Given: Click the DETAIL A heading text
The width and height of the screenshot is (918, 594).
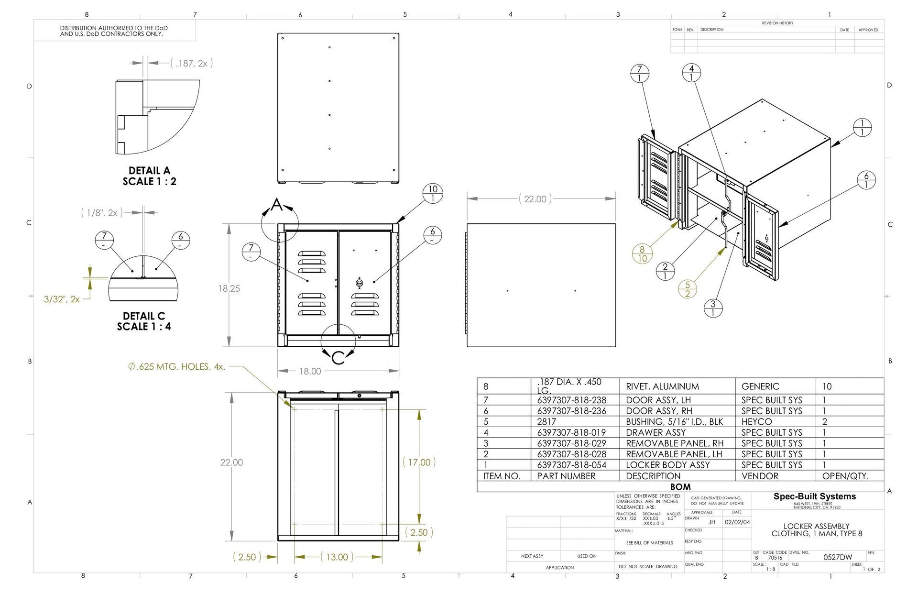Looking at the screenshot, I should tap(149, 171).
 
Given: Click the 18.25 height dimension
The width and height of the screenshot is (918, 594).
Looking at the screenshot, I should tap(229, 288).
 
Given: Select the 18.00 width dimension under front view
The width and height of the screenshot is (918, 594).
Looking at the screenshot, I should tap(310, 371).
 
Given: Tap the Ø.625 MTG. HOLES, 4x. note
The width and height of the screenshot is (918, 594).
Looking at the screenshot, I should tap(176, 367).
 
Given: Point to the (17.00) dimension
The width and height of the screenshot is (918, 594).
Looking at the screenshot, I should tap(419, 462).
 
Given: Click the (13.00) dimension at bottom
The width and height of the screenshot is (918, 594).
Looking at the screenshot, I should tap(337, 557).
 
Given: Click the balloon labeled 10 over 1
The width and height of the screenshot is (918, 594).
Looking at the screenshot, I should tap(433, 194).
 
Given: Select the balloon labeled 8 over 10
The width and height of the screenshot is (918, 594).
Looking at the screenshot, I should tap(642, 253).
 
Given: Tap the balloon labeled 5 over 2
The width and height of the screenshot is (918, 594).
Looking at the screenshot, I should tap(688, 289).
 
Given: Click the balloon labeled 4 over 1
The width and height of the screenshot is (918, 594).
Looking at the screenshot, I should tap(691, 73).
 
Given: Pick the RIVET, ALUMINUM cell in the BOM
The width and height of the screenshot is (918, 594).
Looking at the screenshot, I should tap(662, 386).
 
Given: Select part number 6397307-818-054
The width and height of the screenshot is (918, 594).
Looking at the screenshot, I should tap(571, 465).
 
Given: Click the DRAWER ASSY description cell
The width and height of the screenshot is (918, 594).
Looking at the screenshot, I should tap(656, 432).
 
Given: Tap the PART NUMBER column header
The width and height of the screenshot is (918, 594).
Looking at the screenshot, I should tap(566, 476).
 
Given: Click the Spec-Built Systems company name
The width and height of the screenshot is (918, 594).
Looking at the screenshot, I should tap(814, 496).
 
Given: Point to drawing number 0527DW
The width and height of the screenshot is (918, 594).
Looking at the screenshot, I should tap(837, 557).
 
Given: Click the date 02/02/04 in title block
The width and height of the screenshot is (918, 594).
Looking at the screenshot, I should tap(737, 522).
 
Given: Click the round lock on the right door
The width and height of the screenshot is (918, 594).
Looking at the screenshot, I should tap(360, 283).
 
